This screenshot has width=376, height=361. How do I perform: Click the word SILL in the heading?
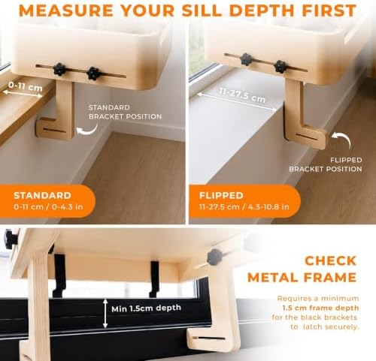coord(202,11)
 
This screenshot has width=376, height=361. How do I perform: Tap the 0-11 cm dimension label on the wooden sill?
coord(26,86)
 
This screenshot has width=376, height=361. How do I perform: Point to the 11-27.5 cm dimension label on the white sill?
coord(242,95)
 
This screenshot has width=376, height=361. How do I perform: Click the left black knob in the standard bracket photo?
coord(59,70)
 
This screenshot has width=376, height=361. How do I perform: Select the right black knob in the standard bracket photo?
coord(94,74)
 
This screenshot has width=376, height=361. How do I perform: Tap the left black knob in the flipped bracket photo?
coord(246,59)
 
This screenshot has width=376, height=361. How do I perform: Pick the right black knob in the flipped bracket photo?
coord(280,67)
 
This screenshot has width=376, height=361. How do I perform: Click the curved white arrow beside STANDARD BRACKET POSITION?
coord(88,130)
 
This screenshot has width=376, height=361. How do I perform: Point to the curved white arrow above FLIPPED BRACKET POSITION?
coord(344,137)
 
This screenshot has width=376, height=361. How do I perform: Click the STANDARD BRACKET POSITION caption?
coord(125,112)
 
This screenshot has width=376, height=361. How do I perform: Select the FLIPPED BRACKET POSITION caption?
coord(326,164)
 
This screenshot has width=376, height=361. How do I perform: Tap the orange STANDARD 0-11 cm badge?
coord(47,201)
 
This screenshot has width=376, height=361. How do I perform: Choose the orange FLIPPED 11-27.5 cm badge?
coord(244,201)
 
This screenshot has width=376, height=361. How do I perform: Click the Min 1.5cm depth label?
coord(146,308)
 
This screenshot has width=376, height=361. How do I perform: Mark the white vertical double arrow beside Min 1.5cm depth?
coord(105,313)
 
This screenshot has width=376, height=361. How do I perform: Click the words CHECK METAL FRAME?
coord(302,269)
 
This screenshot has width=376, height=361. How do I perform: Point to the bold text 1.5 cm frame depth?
coord(320,308)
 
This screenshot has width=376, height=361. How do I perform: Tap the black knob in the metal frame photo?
coord(214,257)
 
